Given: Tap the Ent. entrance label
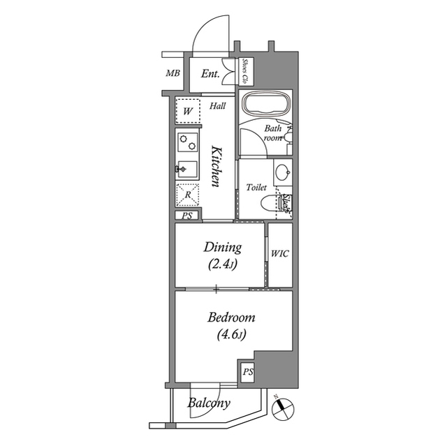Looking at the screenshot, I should click(x=210, y=74).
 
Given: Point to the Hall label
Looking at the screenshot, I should click(x=217, y=106).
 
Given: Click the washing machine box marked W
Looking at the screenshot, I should click(x=188, y=111).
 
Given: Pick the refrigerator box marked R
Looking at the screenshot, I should click(x=187, y=195).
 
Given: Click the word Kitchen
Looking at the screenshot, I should click(x=217, y=166).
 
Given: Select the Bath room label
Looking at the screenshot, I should click(x=272, y=133).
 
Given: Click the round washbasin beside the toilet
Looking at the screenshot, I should click(x=282, y=172).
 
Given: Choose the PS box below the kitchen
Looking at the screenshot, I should click(x=186, y=216).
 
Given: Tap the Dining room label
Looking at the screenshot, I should click(x=222, y=255).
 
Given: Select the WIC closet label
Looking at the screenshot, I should click(x=280, y=255).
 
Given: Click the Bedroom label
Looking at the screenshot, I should click(x=231, y=325).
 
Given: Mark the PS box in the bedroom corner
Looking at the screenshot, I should click(x=248, y=373).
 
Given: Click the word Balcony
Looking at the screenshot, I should click(x=209, y=403).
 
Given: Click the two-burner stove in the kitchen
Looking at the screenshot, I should click(x=187, y=143).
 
